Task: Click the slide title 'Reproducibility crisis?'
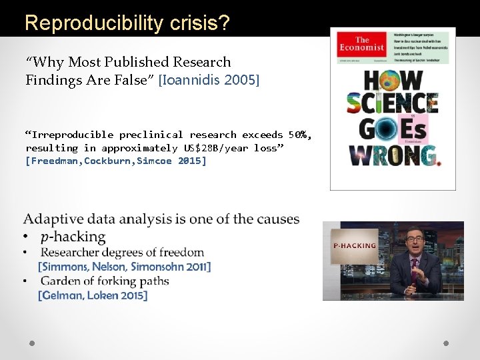pyautogui.click(x=127, y=23)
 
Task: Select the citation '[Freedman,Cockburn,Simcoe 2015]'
pyautogui.click(x=116, y=161)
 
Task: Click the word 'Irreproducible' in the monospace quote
pyautogui.click(x=72, y=135)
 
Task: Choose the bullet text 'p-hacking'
pyautogui.click(x=73, y=237)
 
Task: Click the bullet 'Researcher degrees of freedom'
pyautogui.click(x=122, y=252)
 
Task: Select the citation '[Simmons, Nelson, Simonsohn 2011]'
pyautogui.click(x=125, y=267)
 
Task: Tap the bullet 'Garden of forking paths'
pyautogui.click(x=105, y=281)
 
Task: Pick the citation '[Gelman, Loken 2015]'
pyautogui.click(x=93, y=295)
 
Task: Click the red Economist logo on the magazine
pyautogui.click(x=361, y=45)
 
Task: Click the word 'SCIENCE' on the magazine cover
pyautogui.click(x=392, y=103)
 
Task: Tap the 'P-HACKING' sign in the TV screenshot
pyautogui.click(x=355, y=245)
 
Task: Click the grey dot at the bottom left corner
pyautogui.click(x=32, y=343)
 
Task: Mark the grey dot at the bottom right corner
pyautogui.click(x=446, y=343)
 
